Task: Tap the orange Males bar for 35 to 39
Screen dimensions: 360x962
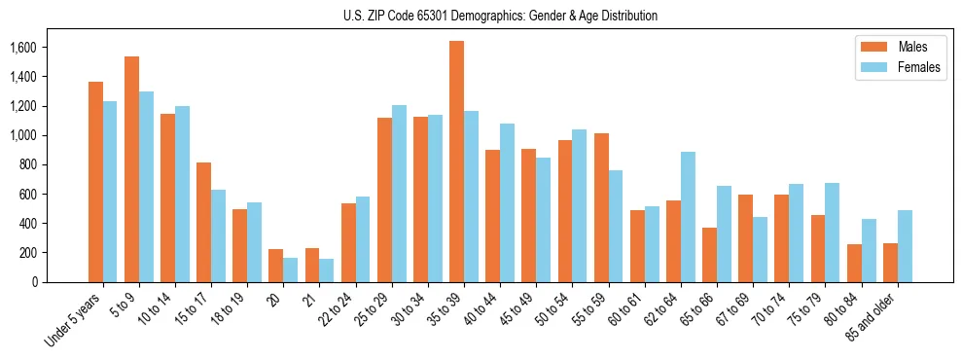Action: pos(456,162)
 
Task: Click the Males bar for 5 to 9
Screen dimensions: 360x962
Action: pos(132,169)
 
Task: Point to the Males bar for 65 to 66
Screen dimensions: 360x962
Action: pos(708,255)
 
